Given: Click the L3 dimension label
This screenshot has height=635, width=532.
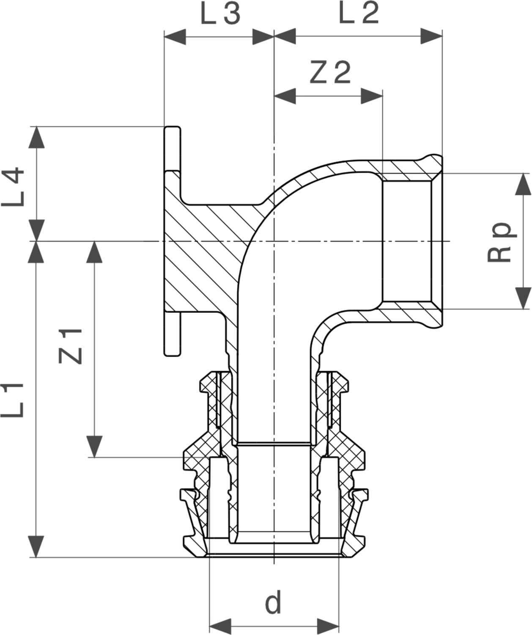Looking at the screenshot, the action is (x=220, y=14).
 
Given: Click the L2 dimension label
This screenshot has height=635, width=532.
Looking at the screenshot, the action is (x=359, y=13).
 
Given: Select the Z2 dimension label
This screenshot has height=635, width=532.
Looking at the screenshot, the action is (x=330, y=72).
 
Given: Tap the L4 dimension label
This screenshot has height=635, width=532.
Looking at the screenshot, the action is (x=13, y=187).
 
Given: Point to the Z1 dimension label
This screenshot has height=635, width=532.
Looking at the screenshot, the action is (x=71, y=346).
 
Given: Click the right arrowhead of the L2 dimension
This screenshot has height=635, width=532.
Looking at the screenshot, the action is (x=431, y=36).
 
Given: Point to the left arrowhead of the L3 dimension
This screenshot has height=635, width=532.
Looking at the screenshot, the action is (x=175, y=37).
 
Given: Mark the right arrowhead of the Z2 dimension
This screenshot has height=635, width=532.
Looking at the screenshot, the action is (x=372, y=96).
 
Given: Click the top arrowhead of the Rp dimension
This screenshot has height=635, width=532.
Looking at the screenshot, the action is (x=523, y=184).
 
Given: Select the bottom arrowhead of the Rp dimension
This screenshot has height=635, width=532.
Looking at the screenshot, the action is (x=523, y=298).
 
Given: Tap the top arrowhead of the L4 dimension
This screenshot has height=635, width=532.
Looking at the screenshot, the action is (x=36, y=137).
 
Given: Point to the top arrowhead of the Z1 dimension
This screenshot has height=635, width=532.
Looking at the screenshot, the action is (x=94, y=252).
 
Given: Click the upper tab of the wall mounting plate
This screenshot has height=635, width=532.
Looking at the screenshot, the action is (x=172, y=149).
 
